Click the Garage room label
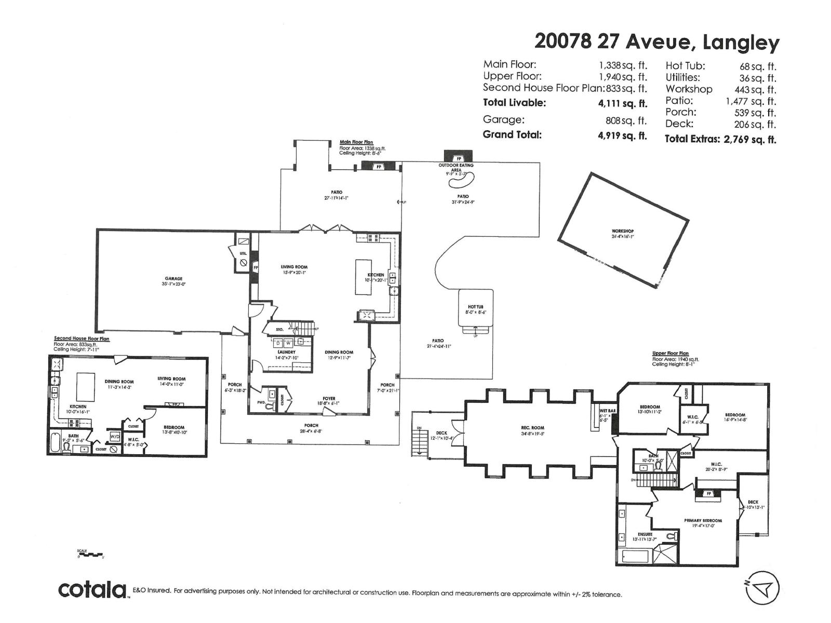pyautogui.click(x=174, y=279)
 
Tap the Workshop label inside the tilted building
pyautogui.click(x=622, y=232)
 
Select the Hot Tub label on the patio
pyautogui.click(x=475, y=307)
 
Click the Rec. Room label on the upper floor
pyautogui.click(x=532, y=428)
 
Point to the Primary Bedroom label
pyautogui.click(x=703, y=520)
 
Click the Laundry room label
pyautogui.click(x=286, y=352)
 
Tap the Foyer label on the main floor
pyautogui.click(x=329, y=399)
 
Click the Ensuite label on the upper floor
pyautogui.click(x=645, y=534)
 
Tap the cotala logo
pyautogui.click(x=92, y=590)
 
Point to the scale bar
pyautogui.click(x=90, y=555)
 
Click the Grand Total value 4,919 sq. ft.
pyautogui.click(x=622, y=136)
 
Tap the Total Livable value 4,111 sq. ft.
pyautogui.click(x=622, y=103)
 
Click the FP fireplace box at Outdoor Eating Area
pyautogui.click(x=459, y=158)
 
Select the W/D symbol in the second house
pyautogui.click(x=115, y=436)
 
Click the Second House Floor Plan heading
pyautogui.click(x=82, y=338)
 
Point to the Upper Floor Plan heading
pyautogui.click(x=670, y=354)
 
